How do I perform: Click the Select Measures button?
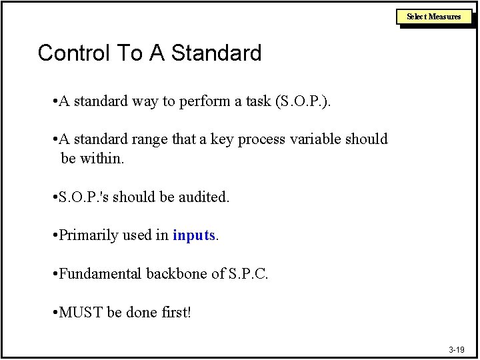coord(435,17)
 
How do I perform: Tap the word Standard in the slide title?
coord(217,53)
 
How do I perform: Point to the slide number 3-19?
coord(457,349)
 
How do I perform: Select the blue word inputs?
coord(194,235)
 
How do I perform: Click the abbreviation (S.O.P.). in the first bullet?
coord(301,101)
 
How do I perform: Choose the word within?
coord(101,159)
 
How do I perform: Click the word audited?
coord(204,197)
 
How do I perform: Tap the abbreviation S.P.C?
coord(248,274)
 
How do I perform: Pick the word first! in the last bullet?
coord(175,312)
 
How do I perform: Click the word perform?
coord(197,101)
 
